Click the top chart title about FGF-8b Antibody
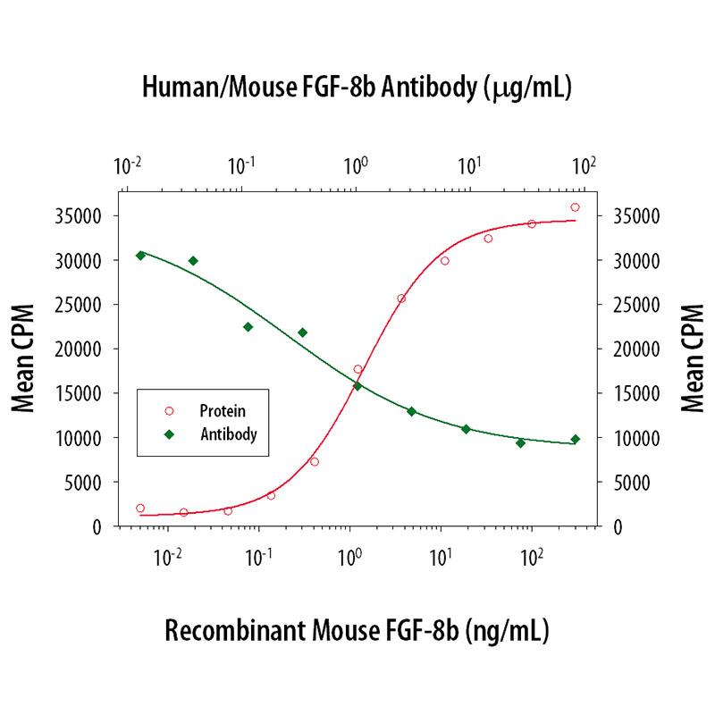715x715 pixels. coord(357,88)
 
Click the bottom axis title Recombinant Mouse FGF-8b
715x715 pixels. coord(357,630)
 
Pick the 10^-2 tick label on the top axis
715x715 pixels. coord(130,166)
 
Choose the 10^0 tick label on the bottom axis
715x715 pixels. coord(349,559)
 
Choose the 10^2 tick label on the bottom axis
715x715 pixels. coord(531,559)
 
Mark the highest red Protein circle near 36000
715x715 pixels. coord(575,207)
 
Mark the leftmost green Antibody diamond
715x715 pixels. coord(140,256)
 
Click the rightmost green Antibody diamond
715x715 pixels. coord(575,439)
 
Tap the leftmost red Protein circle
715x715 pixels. coord(140,508)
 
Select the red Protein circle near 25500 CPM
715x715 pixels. coord(401,299)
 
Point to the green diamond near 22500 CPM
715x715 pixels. coord(248,326)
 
